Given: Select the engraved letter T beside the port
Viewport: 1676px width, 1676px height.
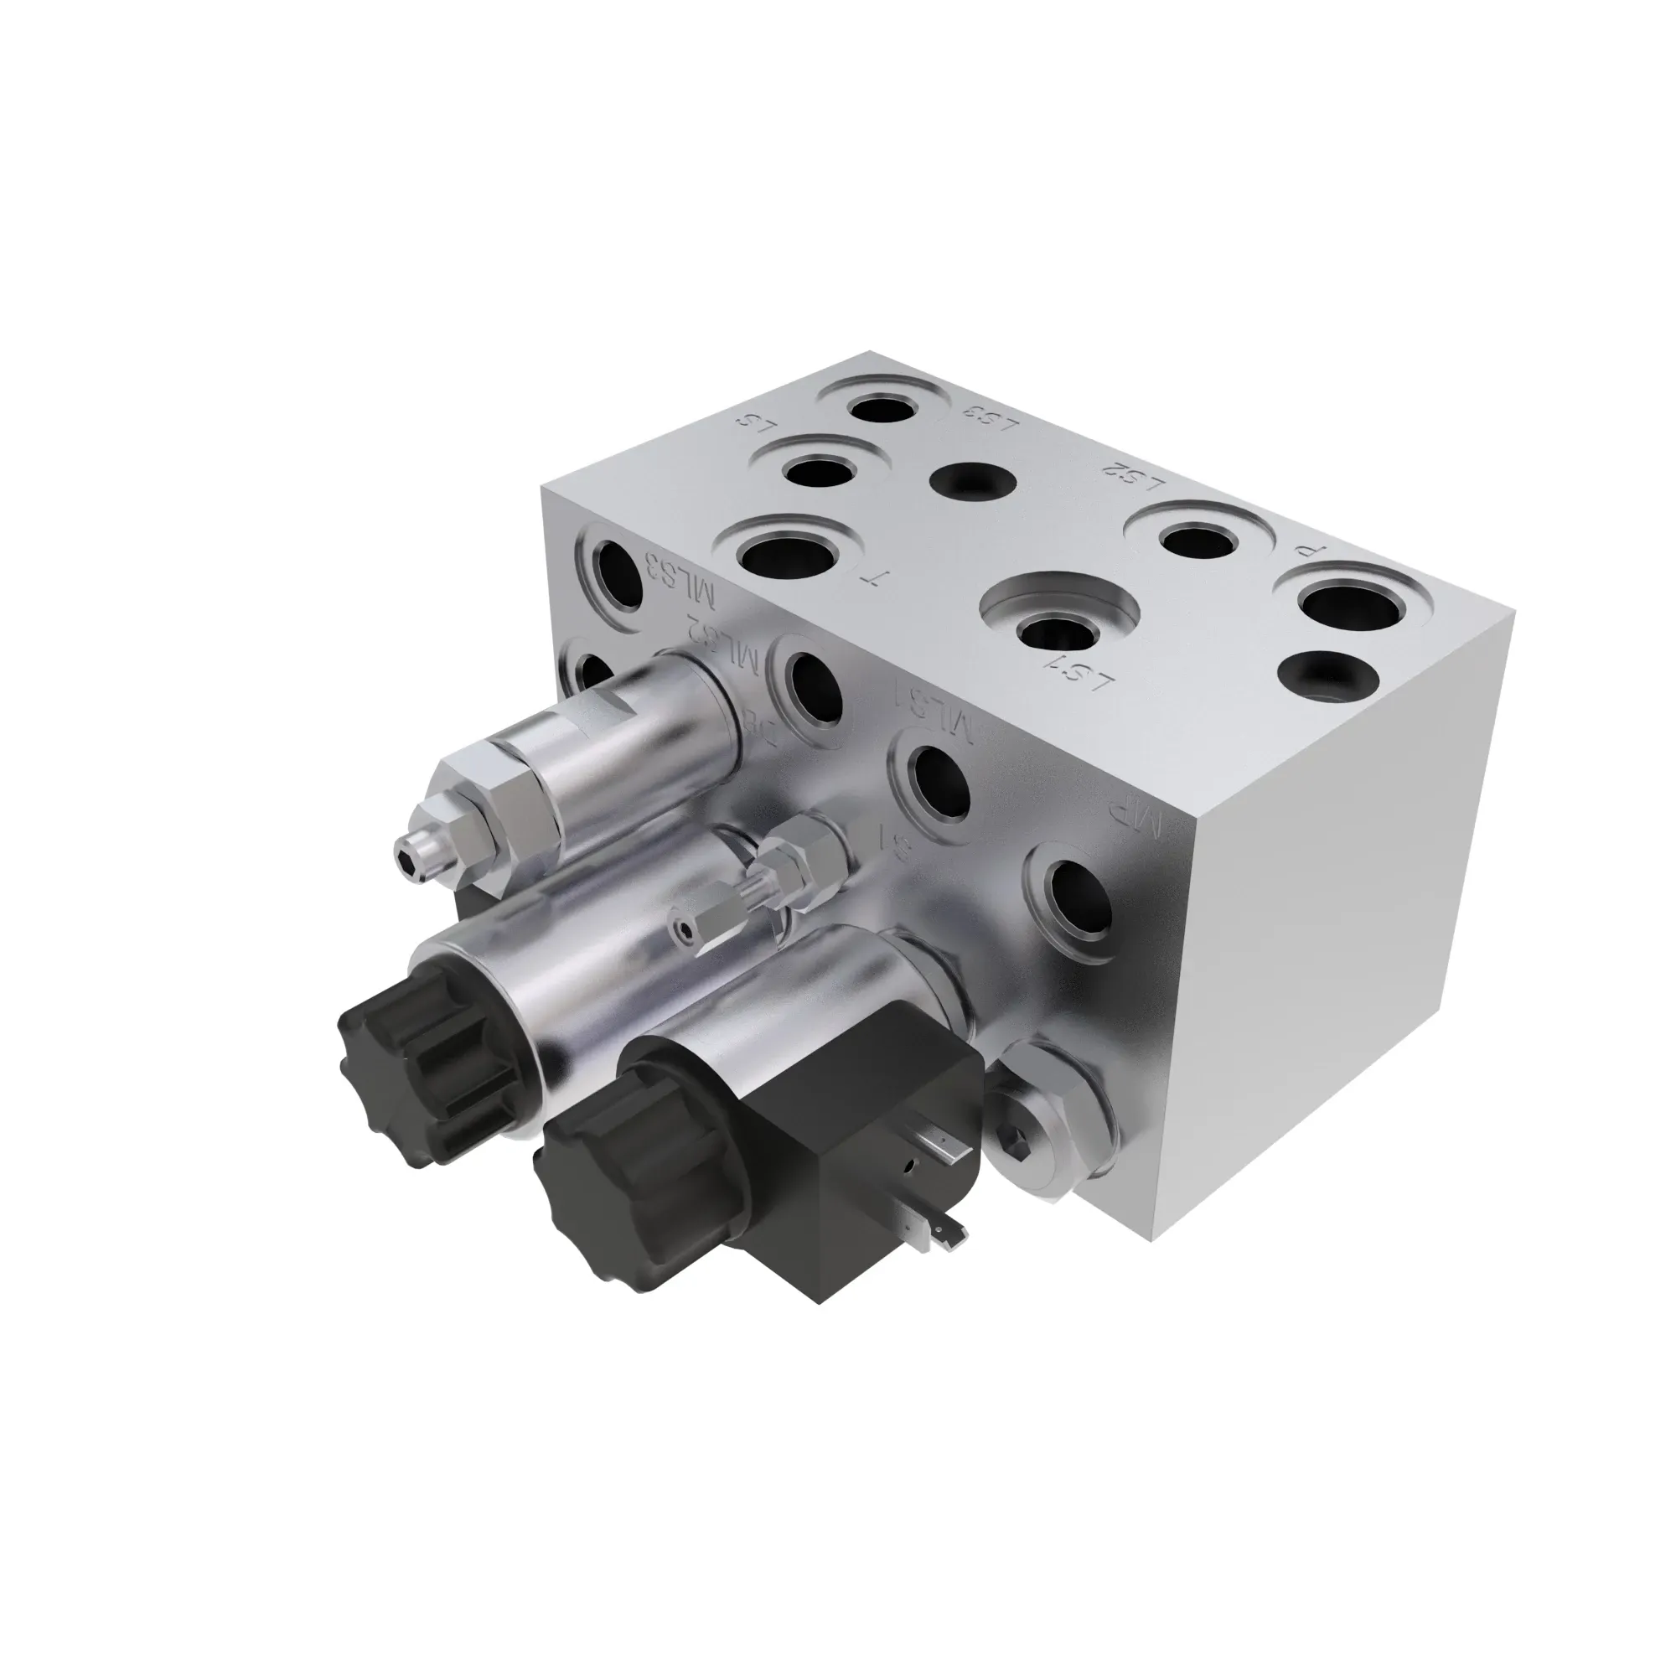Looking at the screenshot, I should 869,578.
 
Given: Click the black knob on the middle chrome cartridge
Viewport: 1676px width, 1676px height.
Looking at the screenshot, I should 416,1071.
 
